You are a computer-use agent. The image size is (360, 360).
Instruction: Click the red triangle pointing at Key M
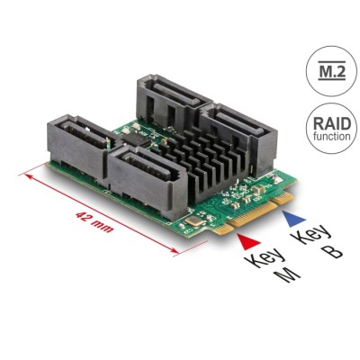[x=244, y=240]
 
